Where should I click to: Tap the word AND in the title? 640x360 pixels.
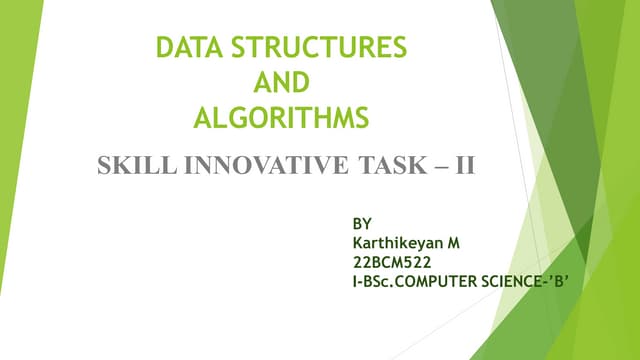pyautogui.click(x=281, y=82)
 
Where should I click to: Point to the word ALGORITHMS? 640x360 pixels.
pyautogui.click(x=281, y=118)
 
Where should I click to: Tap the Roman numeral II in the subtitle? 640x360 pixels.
pyautogui.click(x=463, y=165)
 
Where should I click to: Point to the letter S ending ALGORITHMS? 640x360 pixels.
pyautogui.click(x=362, y=118)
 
